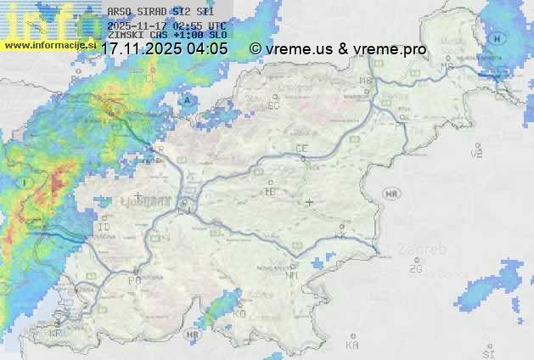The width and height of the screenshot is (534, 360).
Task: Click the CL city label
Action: click(152, 78)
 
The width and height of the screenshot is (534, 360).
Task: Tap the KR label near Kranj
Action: click(158, 149)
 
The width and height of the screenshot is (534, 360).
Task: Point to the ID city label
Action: click(104, 228)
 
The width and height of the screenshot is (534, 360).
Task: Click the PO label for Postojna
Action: click(134, 280)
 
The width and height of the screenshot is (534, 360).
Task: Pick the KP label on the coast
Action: click(56, 333)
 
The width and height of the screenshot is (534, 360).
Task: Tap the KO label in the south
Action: click(239, 313)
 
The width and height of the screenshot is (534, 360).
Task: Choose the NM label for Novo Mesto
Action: click(292, 275)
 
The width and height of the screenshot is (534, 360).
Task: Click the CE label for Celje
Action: click(301, 149)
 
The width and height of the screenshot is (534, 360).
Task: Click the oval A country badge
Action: click(186, 99)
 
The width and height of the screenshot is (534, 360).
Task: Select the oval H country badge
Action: click(498, 39)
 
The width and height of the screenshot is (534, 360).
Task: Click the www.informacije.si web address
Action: click(48, 43)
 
